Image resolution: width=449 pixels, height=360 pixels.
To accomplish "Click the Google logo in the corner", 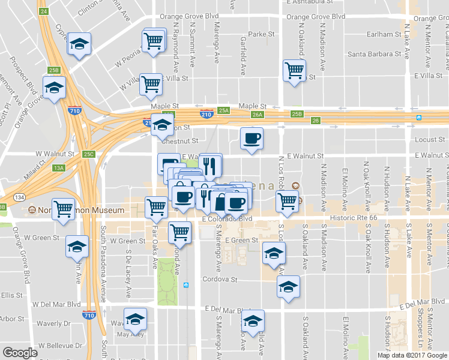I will (x=20, y=353).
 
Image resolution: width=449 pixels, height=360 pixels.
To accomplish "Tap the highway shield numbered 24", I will (x=43, y=11).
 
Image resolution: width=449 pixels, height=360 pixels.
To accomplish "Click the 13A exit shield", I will (x=59, y=168).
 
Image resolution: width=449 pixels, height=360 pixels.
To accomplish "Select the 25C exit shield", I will (x=89, y=154).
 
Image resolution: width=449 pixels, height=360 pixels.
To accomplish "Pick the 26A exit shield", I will (x=258, y=114).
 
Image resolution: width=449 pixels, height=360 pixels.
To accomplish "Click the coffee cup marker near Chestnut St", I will (x=252, y=139).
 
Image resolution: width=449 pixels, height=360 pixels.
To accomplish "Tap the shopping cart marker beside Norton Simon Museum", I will (x=63, y=209).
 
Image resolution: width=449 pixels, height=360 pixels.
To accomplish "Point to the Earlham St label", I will (x=384, y=34).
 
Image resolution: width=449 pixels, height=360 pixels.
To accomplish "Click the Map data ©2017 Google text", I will (x=412, y=355).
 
